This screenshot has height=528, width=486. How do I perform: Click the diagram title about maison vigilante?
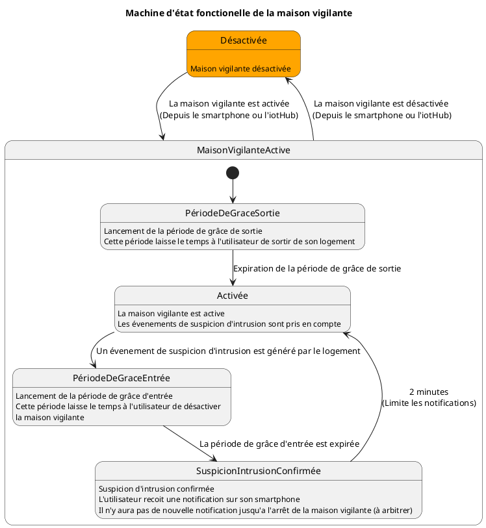point(238,14)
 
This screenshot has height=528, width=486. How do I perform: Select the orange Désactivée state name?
point(243,40)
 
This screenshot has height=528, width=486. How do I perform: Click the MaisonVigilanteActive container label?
point(243,150)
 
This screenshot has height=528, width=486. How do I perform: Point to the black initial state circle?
point(232,173)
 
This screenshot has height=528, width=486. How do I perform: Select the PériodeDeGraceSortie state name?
point(232,214)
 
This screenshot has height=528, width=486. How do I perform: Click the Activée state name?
point(232,296)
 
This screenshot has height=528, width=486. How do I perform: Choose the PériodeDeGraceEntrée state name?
point(122,379)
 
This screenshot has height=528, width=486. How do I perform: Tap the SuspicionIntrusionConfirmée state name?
point(258,471)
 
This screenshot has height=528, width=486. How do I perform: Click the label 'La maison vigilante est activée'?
point(229,103)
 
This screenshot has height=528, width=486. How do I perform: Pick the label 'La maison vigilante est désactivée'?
point(381,103)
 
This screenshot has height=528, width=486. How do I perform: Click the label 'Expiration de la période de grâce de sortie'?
point(317,268)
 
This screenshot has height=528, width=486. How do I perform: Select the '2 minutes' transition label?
point(428,392)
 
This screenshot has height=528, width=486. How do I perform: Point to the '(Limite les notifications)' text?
point(428,403)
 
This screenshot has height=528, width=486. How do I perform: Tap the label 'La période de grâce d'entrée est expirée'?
point(279,444)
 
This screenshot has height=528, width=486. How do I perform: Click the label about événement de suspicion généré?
point(228,351)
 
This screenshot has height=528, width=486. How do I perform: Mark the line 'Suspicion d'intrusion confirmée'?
point(156,488)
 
